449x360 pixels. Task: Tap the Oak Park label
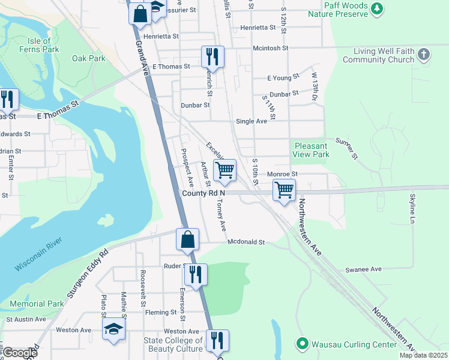[x=89, y=59]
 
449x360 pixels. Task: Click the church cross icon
[x=424, y=55]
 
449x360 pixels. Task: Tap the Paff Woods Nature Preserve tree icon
[x=376, y=8]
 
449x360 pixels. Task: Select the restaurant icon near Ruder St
[x=196, y=274]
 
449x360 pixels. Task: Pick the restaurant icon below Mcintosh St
[x=212, y=57]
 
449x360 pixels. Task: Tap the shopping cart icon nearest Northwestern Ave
[x=284, y=190]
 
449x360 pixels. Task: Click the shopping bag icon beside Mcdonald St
[x=187, y=239]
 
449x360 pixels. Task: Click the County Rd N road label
[x=203, y=193]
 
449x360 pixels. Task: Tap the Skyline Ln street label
[x=412, y=209]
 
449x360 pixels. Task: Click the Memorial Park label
[x=37, y=304]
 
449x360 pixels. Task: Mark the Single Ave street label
[x=252, y=121]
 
